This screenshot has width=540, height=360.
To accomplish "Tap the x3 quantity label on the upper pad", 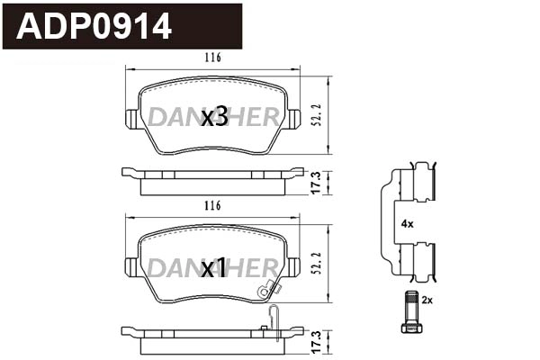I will coord(214,117).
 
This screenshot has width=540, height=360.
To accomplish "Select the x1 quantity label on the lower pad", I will coord(214,267).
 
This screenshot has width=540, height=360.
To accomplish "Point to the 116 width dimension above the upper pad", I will coord(213,58).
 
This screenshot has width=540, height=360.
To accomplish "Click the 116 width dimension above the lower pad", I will coord(213,206).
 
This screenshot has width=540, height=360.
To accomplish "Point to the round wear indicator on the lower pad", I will coord(264,290).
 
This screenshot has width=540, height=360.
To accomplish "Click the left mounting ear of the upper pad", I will coord(130,119).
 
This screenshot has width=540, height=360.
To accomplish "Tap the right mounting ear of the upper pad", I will coord(295,119).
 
